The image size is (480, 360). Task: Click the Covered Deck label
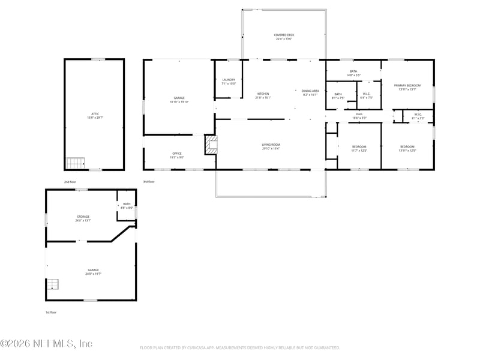point(284,37)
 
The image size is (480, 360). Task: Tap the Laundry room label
point(229,82)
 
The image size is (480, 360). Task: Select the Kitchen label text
point(263,95)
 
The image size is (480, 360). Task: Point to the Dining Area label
point(310,92)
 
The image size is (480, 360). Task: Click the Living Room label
point(271,146)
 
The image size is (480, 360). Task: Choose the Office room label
point(177,155)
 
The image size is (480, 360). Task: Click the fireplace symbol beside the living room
point(210,144)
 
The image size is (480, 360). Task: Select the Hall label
point(359,115)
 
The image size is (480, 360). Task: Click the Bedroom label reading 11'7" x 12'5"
point(359,148)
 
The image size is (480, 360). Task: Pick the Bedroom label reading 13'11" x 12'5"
point(407,148)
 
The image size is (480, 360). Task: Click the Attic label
point(95,115)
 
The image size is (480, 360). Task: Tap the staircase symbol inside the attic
point(75,163)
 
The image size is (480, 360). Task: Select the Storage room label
point(83,218)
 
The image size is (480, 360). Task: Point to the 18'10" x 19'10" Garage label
point(179,100)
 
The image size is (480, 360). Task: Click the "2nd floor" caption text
point(71,181)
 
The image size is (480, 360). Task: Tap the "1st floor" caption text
point(52,312)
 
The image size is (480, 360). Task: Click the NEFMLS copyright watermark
point(46,344)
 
